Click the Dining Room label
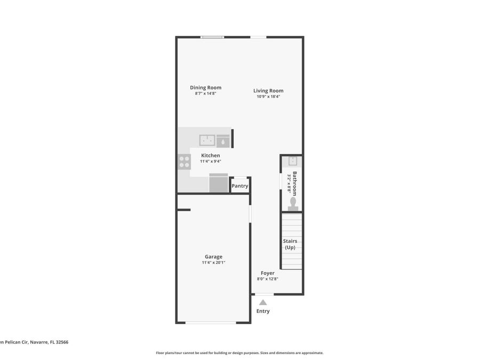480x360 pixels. pos(205,87)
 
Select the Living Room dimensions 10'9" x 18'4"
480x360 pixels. pos(268,97)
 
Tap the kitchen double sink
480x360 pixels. pos(207,140)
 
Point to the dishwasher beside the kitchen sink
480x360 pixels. pos(223,141)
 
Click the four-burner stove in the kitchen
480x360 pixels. pos(184,162)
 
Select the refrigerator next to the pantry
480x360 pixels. pos(218,183)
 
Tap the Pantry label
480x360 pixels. pos(240,186)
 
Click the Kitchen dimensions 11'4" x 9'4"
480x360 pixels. pos(210,161)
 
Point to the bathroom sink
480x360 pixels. pos(292,161)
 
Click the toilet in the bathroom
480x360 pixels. pos(293,204)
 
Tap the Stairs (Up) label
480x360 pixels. pos(290,244)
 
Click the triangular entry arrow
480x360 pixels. pos(263,302)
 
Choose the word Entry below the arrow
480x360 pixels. pos(263,311)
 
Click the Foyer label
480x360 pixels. pos(268,273)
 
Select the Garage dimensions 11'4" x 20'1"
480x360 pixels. pos(213,262)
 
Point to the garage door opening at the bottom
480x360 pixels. pos(211,322)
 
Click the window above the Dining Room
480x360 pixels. pos(212,37)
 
